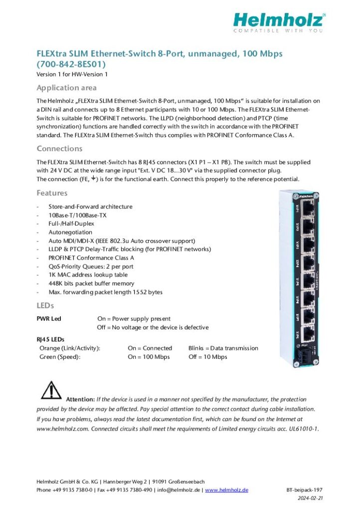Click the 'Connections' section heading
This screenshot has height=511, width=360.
point(59,149)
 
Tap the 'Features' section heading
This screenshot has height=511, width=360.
point(52,193)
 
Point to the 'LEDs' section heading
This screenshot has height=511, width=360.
point(45,305)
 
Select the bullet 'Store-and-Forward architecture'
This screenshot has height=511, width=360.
point(90,207)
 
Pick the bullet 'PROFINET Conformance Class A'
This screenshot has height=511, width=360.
point(91,258)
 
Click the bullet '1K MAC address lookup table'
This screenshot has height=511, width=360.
point(88,275)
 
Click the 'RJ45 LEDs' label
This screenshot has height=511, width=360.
point(50,339)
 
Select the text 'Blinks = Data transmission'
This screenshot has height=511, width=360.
point(223,348)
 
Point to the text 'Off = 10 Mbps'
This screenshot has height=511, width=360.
point(207,357)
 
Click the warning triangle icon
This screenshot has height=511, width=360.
point(50,390)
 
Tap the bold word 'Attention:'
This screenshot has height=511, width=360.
point(80,400)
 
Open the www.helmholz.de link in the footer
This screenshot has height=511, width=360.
point(226,490)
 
